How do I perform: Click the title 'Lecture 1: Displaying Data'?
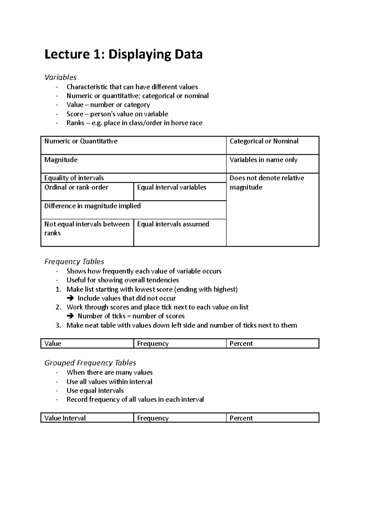tap(124, 54)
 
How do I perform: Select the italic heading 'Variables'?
tap(60, 77)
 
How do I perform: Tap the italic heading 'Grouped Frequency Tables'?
tap(90, 363)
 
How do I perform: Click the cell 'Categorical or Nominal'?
tap(264, 141)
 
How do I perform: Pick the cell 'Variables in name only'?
tap(263, 160)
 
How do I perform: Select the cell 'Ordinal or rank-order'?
tap(76, 187)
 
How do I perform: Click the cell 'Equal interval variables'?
tap(172, 187)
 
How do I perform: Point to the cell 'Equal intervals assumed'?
tap(173, 224)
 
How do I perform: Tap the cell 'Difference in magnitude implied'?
tap(92, 206)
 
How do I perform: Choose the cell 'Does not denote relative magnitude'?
tap(267, 182)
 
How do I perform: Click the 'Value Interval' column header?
tap(65, 418)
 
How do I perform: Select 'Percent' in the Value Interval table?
tap(241, 418)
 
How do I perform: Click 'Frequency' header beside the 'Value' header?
tap(153, 344)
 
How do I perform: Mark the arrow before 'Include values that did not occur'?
tap(70, 298)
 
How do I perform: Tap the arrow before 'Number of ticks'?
tap(70, 316)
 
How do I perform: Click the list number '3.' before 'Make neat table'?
tap(58, 325)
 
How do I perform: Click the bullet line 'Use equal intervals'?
tap(95, 391)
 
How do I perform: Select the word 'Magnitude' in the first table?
tap(61, 160)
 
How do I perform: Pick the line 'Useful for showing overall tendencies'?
tap(123, 280)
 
